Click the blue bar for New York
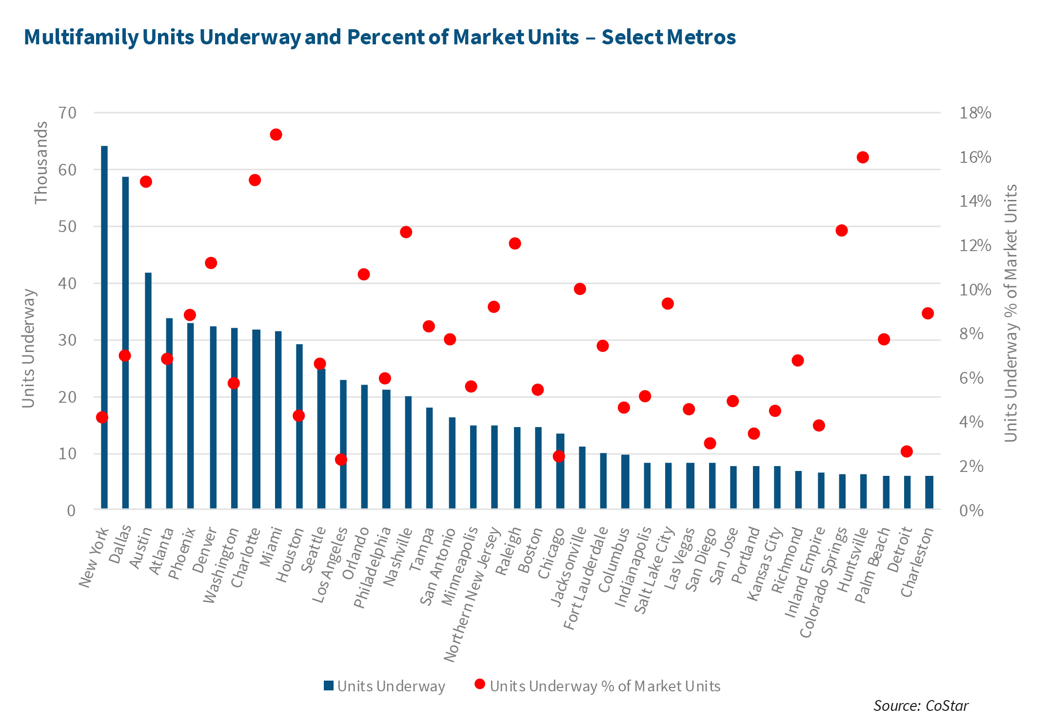tap(104, 327)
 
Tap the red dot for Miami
tap(276, 135)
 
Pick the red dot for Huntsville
tap(863, 157)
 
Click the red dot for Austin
tap(146, 182)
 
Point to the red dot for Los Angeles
tap(341, 460)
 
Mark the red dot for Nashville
tap(406, 232)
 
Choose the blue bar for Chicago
tap(560, 471)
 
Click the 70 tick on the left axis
tap(68, 113)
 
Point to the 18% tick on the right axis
tap(975, 113)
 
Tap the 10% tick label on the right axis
tap(975, 290)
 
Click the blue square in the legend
tap(329, 686)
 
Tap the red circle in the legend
tap(480, 685)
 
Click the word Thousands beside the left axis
tap(41, 162)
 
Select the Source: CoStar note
tap(921, 706)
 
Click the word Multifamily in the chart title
tap(81, 38)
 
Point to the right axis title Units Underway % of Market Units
tap(1011, 313)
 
